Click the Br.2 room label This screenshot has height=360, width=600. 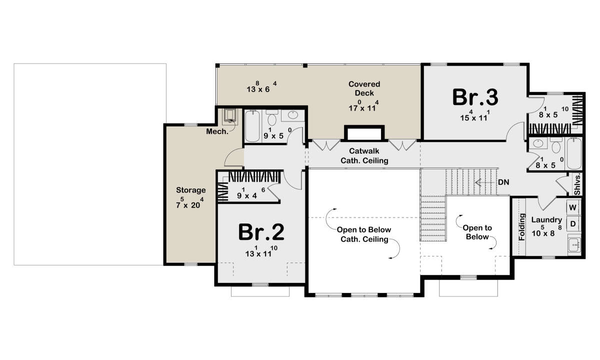click(x=261, y=232)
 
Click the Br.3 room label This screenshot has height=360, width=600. click(x=475, y=97)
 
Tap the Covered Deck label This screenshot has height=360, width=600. click(x=364, y=88)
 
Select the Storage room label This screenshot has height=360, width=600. click(x=190, y=190)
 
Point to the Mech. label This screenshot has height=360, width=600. click(x=217, y=131)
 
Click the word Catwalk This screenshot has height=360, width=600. click(x=364, y=151)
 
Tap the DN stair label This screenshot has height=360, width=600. click(x=503, y=182)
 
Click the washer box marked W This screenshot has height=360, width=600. click(x=572, y=207)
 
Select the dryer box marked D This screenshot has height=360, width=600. click(x=572, y=223)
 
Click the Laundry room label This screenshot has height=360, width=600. click(x=546, y=220)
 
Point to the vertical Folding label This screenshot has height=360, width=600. click(x=522, y=227)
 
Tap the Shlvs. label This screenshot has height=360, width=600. click(x=577, y=184)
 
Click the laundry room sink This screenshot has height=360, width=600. click(x=574, y=244)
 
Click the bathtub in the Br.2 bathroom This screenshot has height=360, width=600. click(x=252, y=126)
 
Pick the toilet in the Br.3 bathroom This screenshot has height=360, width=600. click(x=556, y=146)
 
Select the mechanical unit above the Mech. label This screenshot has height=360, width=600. click(x=230, y=116)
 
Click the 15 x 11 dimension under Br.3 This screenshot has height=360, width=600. click(x=475, y=115)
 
